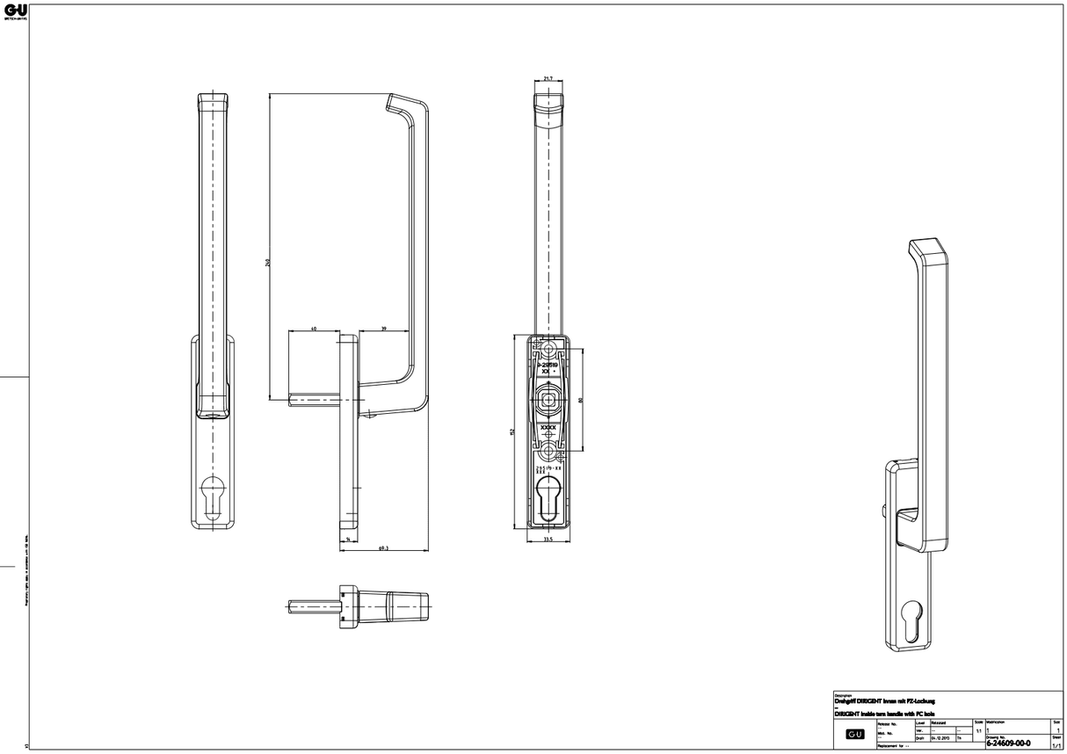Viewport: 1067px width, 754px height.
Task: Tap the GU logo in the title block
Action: [853, 734]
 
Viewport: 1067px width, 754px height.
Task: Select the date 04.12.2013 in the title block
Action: [940, 738]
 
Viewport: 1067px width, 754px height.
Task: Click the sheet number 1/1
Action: [1056, 744]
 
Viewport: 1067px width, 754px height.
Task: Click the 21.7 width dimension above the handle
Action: [548, 79]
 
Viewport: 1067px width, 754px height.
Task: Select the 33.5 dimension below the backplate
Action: [548, 540]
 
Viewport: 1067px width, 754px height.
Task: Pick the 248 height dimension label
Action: [268, 261]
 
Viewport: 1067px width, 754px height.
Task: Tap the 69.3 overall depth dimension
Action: [383, 547]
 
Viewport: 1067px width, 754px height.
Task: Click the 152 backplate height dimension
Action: [512, 431]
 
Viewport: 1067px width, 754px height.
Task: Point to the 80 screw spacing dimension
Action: [581, 400]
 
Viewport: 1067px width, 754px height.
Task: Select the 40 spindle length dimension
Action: [314, 329]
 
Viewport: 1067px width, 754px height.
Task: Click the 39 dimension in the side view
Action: [385, 329]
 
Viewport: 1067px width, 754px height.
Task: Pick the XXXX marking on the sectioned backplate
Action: [548, 427]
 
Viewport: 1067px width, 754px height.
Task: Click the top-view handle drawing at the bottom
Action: [360, 605]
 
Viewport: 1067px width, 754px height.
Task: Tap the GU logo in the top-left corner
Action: [15, 11]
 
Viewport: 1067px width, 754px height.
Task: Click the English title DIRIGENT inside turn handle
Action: [884, 714]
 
